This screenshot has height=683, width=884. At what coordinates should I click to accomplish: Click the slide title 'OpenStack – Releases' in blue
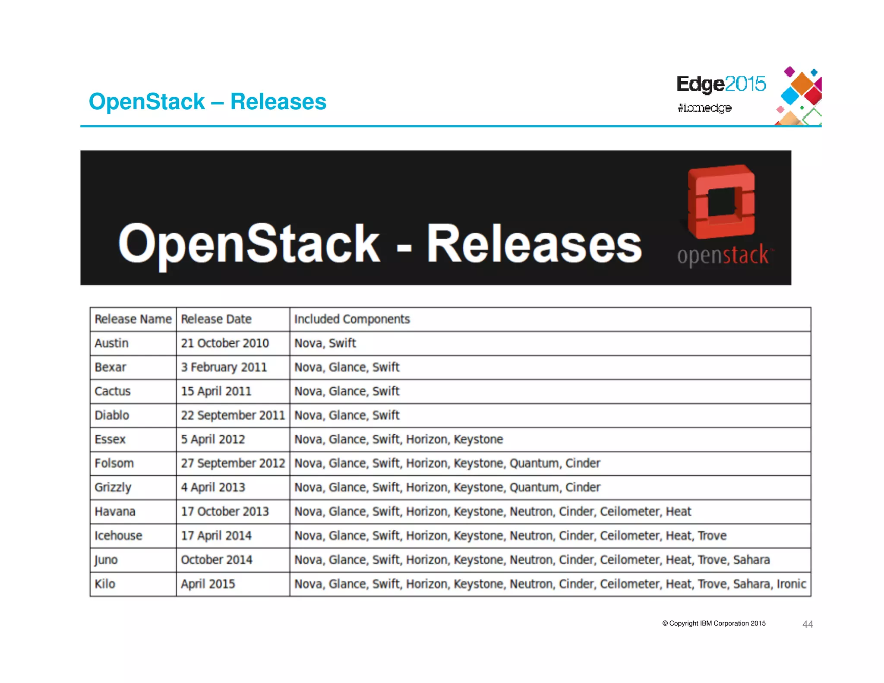pos(207,102)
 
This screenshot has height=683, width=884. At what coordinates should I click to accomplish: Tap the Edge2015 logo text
pos(721,84)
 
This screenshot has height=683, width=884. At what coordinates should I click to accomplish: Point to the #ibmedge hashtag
pos(704,108)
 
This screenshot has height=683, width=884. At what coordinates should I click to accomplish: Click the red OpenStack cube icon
pos(721,201)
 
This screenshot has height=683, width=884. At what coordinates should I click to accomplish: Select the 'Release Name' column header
pos(133,319)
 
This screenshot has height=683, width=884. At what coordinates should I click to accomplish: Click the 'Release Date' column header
pos(216,319)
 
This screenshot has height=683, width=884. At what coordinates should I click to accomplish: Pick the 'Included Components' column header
pos(352,319)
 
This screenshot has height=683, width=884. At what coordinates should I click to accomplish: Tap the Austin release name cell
pos(111,343)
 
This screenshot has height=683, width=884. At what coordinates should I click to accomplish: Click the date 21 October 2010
pos(224,343)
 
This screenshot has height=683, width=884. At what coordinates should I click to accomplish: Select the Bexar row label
pos(110,367)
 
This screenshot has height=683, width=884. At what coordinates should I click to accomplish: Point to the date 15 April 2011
pos(216,391)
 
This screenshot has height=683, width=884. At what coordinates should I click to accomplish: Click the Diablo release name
pos(112,415)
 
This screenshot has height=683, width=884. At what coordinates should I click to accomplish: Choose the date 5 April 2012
pos(213,440)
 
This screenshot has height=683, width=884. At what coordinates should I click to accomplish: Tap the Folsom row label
pos(114,463)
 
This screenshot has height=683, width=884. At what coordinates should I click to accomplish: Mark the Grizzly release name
pos(113,487)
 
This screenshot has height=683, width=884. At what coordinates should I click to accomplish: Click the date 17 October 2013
pos(224,512)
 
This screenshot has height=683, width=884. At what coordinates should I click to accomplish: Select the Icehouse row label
pos(118,536)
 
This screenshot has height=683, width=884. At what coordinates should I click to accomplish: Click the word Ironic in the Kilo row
pos(791,584)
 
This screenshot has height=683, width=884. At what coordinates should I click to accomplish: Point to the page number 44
pos(808,624)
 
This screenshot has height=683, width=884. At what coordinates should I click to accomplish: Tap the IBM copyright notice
pos(714,623)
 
